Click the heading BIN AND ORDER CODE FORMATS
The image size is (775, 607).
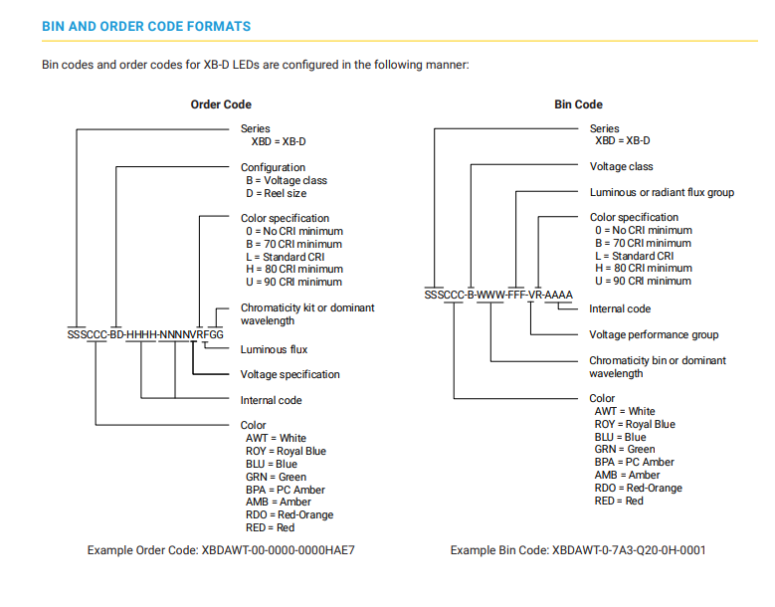146,26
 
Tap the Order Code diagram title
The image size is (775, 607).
221,104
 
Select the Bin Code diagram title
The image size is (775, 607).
578,104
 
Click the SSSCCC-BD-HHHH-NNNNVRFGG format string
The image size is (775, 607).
145,334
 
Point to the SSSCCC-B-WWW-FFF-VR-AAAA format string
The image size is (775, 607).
498,296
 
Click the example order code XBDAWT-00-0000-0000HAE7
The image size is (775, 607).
279,550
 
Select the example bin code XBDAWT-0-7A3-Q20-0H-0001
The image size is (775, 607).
629,550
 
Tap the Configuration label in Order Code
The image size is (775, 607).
273,167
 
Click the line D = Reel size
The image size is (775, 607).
277,193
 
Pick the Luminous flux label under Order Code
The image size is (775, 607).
274,349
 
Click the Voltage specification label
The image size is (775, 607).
291,374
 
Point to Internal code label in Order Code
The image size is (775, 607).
271,400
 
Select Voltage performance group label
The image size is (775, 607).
654,334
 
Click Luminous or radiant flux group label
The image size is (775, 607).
662,192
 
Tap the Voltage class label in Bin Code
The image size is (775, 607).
621,166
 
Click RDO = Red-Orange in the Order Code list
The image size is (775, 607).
290,514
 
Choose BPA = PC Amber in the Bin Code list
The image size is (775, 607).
634,462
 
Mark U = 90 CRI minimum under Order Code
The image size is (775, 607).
294,282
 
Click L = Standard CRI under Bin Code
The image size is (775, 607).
634,256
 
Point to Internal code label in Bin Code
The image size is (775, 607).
620,308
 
